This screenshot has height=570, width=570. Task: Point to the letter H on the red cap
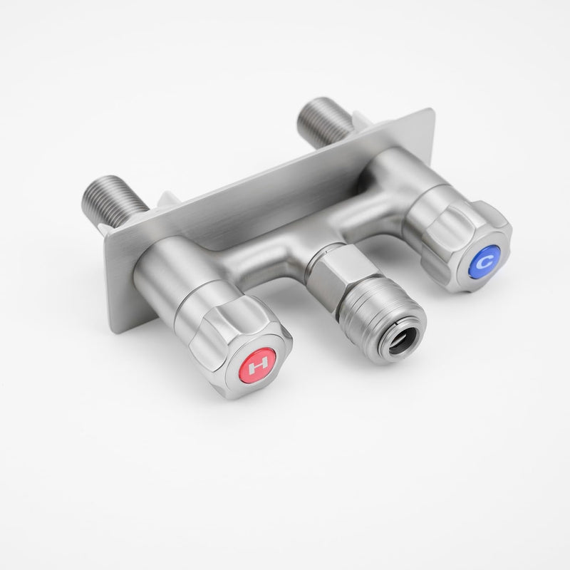pos(259,362)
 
